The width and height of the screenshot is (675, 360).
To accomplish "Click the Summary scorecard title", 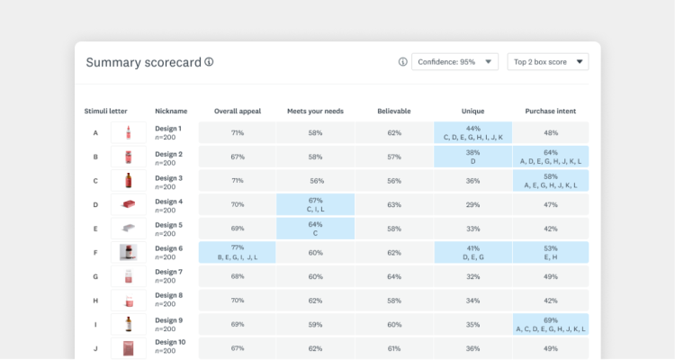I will pos(144,62).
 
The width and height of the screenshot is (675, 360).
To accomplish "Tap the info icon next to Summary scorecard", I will pos(209,62).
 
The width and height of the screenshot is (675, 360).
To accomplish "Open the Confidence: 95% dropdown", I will pos(454,62).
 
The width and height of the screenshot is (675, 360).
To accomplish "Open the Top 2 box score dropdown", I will pos(547,62).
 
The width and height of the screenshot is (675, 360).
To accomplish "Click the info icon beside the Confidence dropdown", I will pos(402,62).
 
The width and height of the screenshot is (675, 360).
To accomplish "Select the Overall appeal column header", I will pos(238,111).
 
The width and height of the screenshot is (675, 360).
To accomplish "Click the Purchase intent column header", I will pos(550,111).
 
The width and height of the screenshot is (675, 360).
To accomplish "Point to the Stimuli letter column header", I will pos(106,111).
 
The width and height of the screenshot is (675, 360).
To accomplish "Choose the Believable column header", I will pos(394,111).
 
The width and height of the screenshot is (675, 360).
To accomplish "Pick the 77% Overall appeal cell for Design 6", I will pos(238,252).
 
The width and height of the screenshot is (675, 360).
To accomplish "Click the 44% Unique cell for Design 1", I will pos(472,133).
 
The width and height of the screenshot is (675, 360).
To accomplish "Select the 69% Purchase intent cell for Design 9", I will pos(550,324).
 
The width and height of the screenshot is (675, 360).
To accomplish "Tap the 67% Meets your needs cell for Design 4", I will pos(315,204).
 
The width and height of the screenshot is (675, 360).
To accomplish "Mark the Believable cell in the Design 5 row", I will pos(394,229).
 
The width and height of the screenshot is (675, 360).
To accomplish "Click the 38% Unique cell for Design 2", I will pos(472,157).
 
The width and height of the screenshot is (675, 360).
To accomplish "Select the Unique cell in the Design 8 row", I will pos(472,301).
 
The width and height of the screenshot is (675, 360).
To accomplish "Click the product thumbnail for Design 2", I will pos(128,157).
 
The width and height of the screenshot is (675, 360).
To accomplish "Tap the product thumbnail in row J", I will pos(128,347).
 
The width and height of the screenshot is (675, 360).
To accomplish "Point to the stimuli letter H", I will pos(95,301).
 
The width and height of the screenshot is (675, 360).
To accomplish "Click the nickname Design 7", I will pos(168,272).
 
